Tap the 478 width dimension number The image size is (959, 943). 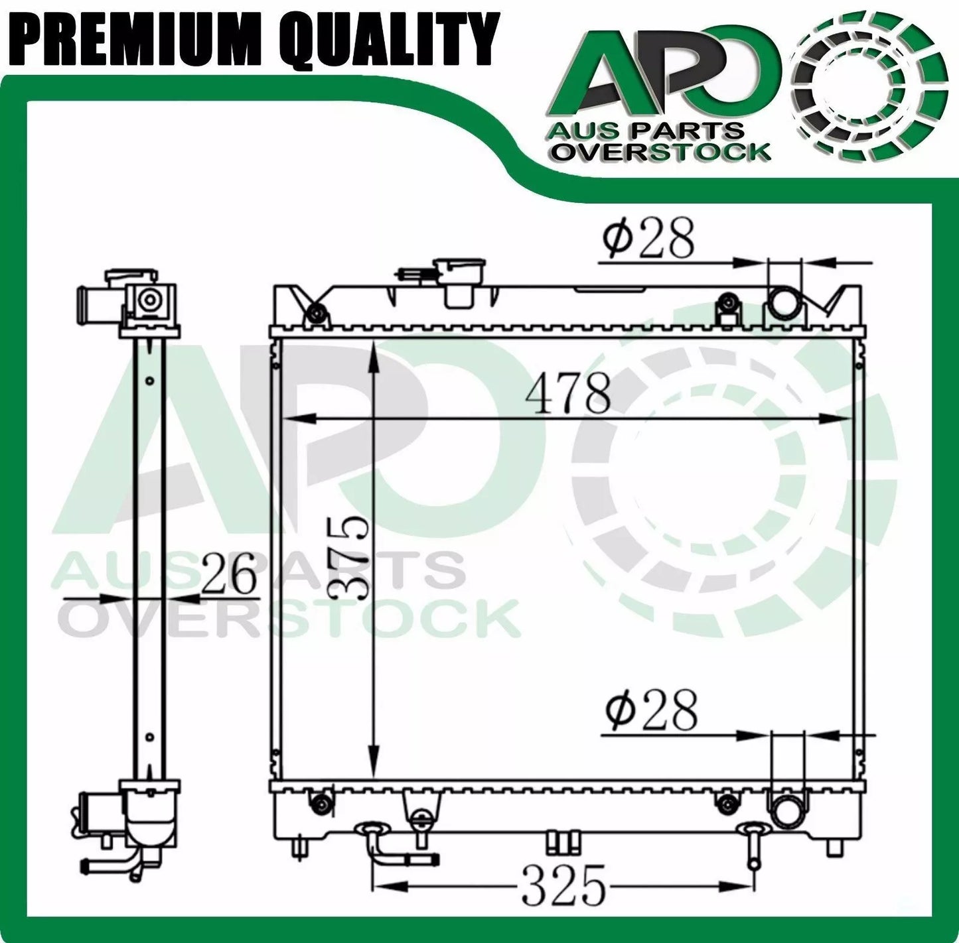pyautogui.click(x=568, y=395)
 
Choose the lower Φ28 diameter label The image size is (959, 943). pyautogui.click(x=652, y=711)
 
